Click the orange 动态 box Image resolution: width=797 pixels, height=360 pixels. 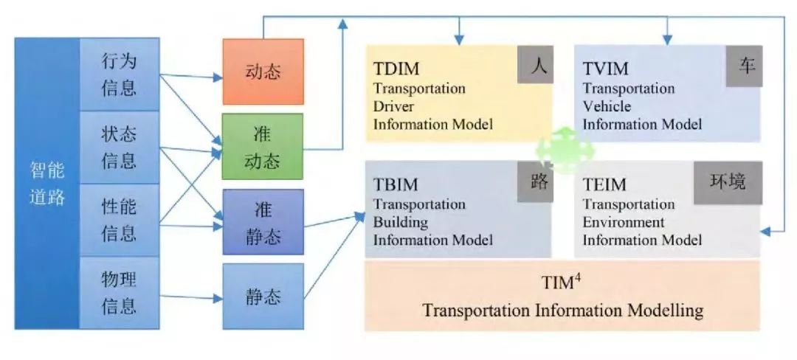point(263,72)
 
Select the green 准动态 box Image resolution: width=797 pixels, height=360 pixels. point(263,147)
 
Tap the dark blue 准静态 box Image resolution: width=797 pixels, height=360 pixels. point(263,223)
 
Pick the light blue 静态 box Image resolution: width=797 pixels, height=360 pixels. point(263,297)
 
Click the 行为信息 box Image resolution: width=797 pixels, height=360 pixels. point(120,75)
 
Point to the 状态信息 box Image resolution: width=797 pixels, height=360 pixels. point(120,148)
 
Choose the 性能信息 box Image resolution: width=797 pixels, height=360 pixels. point(120,220)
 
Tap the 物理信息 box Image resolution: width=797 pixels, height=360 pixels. point(120,292)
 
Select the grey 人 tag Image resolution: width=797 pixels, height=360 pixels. point(536,66)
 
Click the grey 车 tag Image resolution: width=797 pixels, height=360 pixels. point(744,66)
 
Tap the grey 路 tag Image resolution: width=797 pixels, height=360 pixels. point(536,181)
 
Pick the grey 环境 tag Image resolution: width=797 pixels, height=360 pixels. point(728,181)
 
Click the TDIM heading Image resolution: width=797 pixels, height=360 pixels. point(396,69)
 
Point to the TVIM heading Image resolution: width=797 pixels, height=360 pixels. point(605,69)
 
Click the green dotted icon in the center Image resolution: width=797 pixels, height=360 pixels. point(565,148)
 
